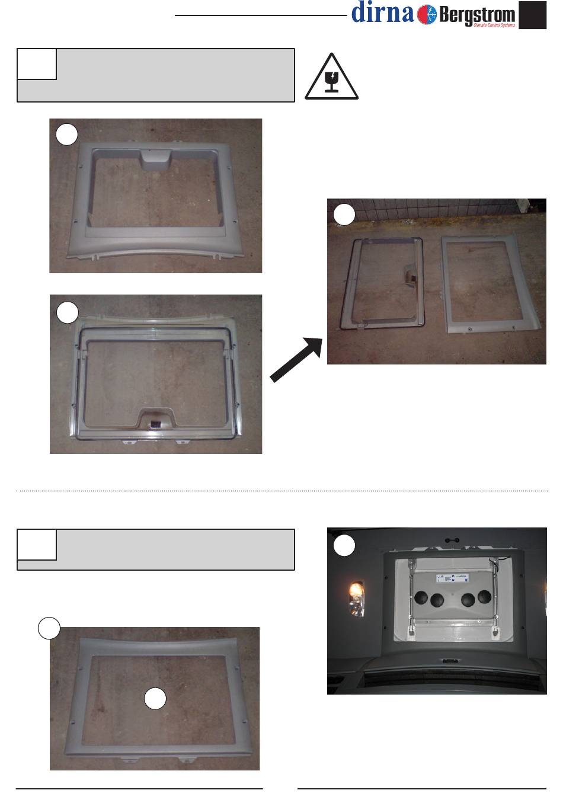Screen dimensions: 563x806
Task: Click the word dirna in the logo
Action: click(382, 12)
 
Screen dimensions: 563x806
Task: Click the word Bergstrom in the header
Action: click(477, 15)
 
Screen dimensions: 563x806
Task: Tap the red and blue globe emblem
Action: click(427, 15)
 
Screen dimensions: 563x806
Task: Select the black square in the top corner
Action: click(532, 15)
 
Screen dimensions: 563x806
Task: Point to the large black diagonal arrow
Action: click(296, 360)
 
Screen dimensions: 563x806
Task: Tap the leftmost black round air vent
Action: click(421, 597)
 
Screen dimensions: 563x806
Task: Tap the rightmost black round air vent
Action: click(485, 597)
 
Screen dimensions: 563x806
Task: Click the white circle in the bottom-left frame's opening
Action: click(155, 698)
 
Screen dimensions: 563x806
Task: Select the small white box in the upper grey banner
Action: click(37, 64)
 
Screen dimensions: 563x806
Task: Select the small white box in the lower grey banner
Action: click(37, 545)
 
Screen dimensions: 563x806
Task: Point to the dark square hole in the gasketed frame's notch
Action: click(155, 423)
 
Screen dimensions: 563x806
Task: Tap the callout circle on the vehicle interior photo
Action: click(344, 545)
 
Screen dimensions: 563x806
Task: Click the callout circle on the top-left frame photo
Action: click(67, 135)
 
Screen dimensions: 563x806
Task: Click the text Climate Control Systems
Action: click(494, 25)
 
